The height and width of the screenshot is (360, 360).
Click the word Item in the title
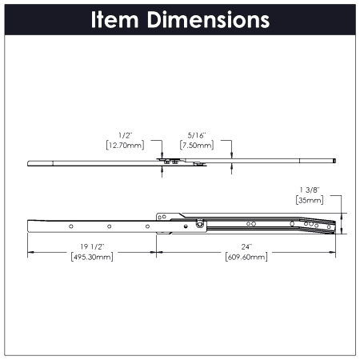coord(114,20)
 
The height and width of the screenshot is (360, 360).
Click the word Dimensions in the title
coord(208,20)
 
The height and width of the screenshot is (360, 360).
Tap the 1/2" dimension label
coord(126,135)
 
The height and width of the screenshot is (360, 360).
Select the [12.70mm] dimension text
coord(126,146)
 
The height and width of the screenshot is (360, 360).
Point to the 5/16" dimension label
coord(197,135)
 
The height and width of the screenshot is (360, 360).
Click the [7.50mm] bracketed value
coord(197,146)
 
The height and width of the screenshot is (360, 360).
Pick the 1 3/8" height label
coord(310,190)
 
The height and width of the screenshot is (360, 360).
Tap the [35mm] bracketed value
coord(310,200)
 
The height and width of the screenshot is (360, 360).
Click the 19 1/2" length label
coord(92,247)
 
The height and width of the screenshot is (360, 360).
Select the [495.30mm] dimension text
coord(92,257)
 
